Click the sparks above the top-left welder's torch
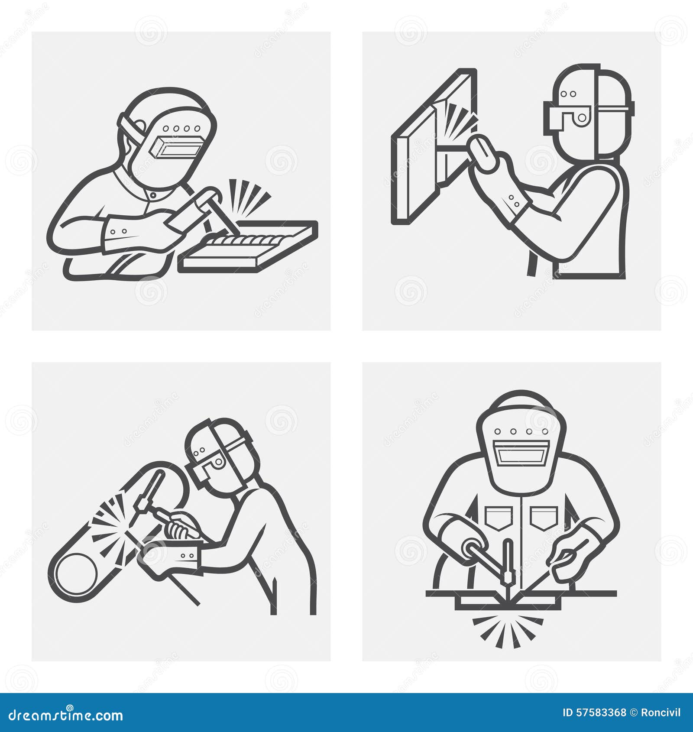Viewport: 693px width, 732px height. tap(247, 197)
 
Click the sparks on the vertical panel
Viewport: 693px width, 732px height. tap(459, 119)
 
